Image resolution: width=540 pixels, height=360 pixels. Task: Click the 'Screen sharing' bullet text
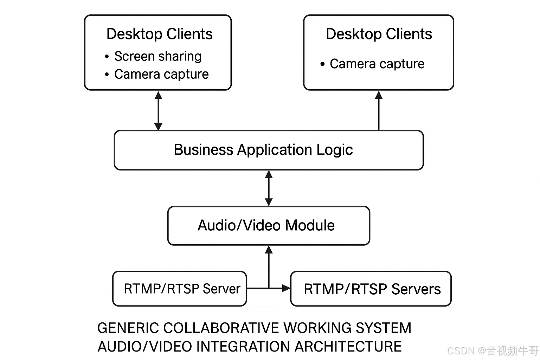[158, 56]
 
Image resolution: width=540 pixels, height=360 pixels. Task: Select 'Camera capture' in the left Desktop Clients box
[161, 74]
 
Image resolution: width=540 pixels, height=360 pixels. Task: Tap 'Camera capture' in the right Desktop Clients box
[377, 64]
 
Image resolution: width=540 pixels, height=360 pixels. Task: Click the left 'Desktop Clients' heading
[159, 34]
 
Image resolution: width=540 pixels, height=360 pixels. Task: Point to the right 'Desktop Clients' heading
[379, 34]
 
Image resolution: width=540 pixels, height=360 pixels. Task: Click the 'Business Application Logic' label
[263, 150]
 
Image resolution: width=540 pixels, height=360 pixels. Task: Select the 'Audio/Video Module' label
[266, 225]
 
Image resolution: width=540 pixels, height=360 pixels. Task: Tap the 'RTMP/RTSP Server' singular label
[182, 289]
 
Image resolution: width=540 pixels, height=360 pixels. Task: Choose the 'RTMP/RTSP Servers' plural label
[372, 289]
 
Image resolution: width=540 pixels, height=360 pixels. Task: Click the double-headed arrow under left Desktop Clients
[159, 110]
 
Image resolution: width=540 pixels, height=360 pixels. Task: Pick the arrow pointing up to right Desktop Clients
[379, 110]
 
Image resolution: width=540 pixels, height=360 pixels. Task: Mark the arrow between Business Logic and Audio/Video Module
[269, 188]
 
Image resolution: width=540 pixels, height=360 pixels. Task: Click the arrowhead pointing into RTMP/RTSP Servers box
[287, 288]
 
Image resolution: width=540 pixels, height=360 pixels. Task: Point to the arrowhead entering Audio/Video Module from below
[269, 250]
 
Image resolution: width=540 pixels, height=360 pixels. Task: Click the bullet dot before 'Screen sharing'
[107, 57]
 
